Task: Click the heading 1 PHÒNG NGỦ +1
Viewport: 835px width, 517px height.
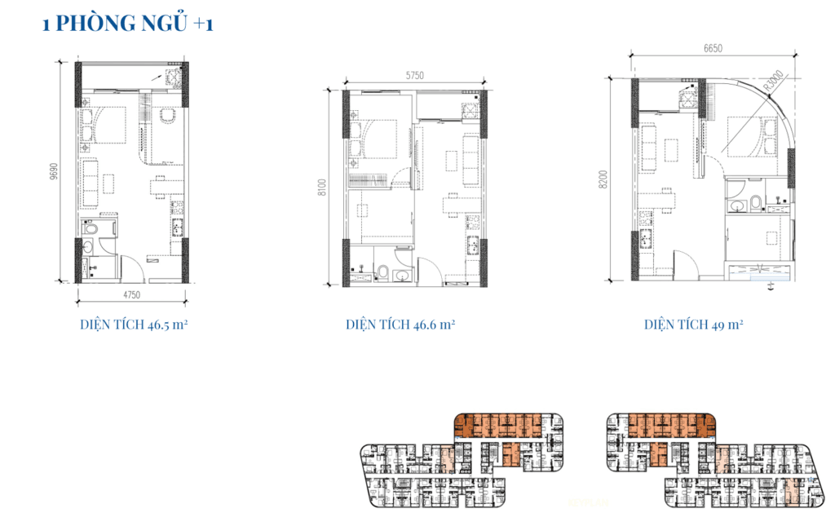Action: click(128, 24)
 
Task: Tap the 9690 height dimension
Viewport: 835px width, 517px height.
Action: click(54, 171)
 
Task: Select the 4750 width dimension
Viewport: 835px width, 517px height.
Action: click(131, 295)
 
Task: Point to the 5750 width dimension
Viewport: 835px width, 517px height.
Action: click(415, 76)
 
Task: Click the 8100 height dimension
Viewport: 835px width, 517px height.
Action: click(321, 188)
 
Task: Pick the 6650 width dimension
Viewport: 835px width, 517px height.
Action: click(713, 48)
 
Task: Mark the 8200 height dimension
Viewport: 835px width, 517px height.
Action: click(603, 179)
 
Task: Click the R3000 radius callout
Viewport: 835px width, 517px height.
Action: click(773, 81)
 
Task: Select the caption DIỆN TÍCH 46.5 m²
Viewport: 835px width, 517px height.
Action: click(134, 325)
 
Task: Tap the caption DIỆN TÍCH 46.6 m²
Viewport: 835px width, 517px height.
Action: click(400, 325)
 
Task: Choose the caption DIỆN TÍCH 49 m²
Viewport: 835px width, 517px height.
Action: click(693, 325)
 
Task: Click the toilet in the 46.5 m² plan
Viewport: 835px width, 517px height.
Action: click(91, 229)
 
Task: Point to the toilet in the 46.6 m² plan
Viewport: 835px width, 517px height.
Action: click(382, 272)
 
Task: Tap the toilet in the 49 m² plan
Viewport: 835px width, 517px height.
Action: click(755, 202)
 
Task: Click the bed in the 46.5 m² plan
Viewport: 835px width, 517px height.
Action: click(104, 125)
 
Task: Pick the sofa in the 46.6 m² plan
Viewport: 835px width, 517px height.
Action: click(471, 161)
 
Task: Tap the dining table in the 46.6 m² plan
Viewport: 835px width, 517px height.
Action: click(452, 205)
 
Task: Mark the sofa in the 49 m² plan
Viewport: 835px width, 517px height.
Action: click(648, 148)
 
